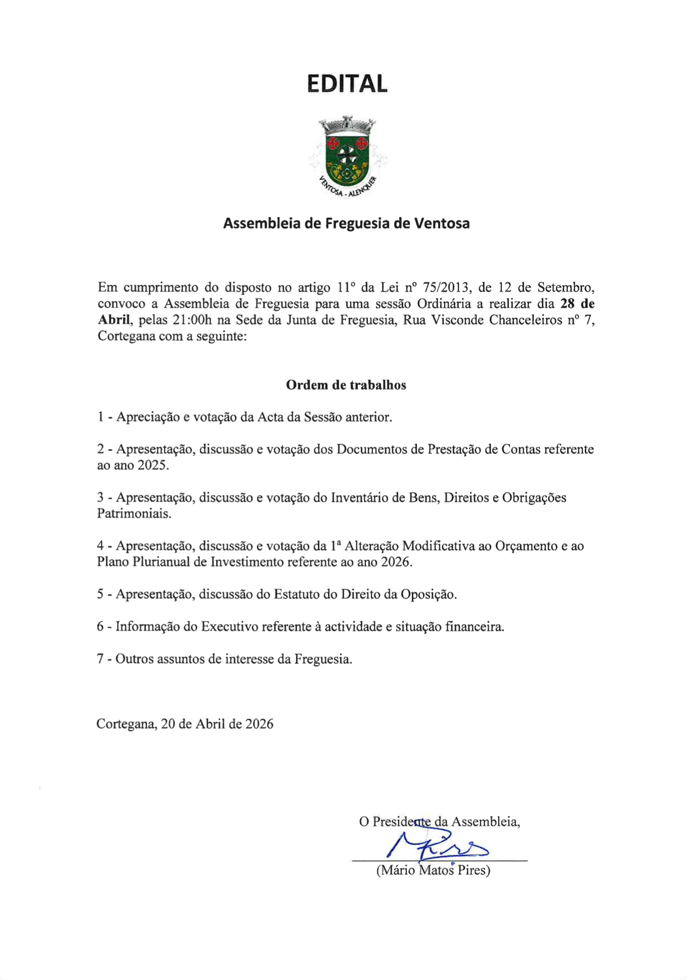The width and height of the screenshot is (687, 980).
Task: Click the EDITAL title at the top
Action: [347, 84]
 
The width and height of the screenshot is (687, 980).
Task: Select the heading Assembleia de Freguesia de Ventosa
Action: [346, 223]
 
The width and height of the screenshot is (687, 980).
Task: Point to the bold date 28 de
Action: [577, 304]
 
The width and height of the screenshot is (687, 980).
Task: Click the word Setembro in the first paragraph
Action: [565, 288]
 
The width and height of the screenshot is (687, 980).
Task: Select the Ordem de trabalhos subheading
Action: [346, 385]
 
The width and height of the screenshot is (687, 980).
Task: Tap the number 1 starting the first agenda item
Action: [100, 417]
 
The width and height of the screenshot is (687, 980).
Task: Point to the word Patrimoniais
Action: [134, 514]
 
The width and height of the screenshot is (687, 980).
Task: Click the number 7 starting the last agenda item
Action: [100, 659]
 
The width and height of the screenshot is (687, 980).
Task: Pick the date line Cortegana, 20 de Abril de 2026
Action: [185, 724]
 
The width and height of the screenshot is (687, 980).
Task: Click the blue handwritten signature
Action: [438, 845]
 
